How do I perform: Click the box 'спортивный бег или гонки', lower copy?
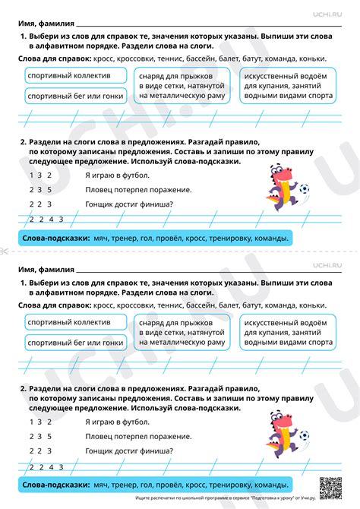[x=74, y=343]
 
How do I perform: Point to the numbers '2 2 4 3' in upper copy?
[x=46, y=220]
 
